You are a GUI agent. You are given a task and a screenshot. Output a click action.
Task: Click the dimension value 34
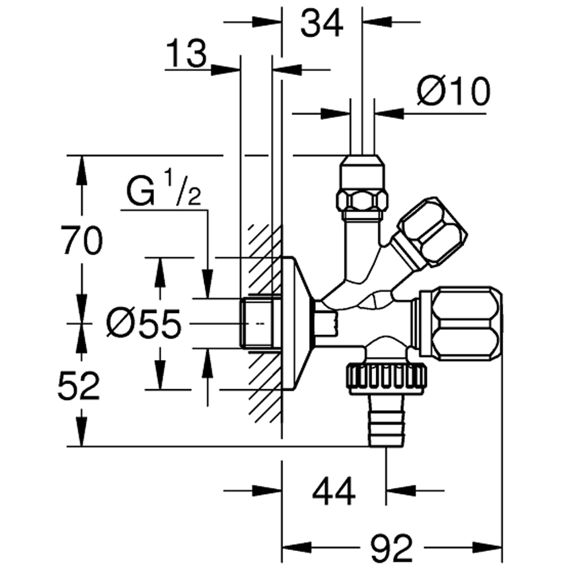tap(321, 24)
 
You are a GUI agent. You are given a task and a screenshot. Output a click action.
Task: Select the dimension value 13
tap(187, 55)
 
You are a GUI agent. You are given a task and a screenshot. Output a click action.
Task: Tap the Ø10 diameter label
tap(453, 91)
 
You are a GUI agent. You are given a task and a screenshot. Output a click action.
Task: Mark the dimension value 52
tap(79, 387)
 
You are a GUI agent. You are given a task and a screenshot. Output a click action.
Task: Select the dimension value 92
tap(392, 547)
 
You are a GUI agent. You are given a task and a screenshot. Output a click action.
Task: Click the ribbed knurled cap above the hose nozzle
tap(386, 378)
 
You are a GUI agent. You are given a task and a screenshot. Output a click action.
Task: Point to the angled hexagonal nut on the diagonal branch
tap(431, 231)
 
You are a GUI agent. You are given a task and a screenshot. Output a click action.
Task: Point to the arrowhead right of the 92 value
tap(488, 547)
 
